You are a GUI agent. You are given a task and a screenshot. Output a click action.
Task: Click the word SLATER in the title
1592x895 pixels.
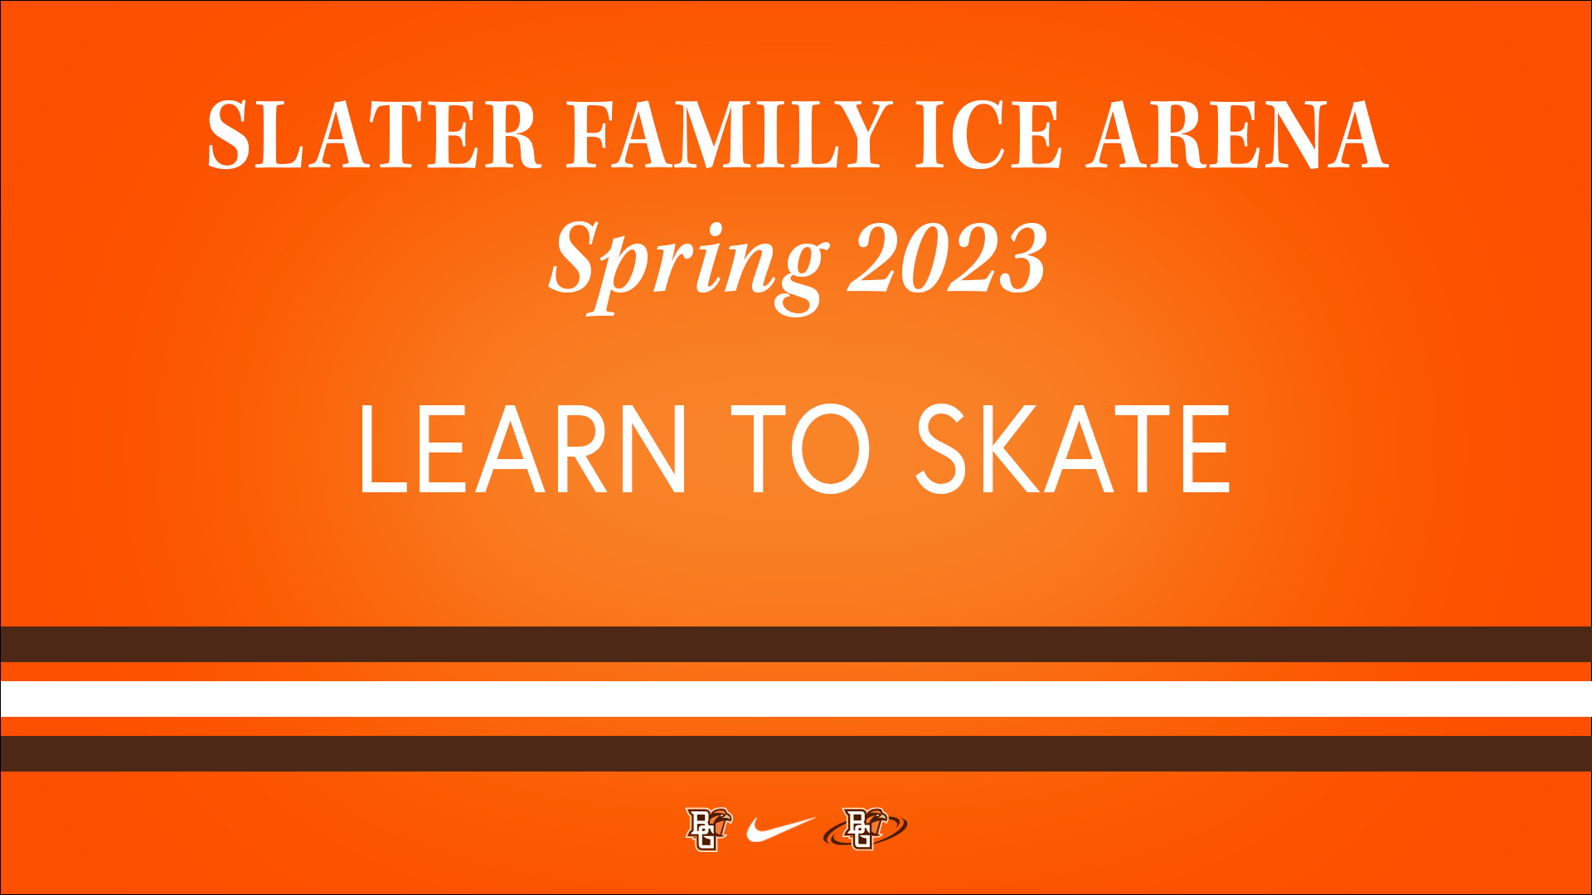[x=373, y=135]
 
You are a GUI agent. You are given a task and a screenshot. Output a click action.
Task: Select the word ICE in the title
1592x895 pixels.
[x=988, y=135]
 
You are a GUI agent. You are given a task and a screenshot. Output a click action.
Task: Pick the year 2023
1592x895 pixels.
[x=948, y=259]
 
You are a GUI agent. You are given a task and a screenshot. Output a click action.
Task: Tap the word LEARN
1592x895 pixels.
[x=523, y=449]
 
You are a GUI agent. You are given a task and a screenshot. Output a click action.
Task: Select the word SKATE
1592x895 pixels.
[x=1073, y=449]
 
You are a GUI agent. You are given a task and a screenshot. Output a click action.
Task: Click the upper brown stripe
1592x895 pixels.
[x=796, y=644]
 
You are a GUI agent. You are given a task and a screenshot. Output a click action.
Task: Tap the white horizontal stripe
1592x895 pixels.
[x=796, y=699]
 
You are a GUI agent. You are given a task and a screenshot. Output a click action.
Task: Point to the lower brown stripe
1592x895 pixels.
[x=796, y=753]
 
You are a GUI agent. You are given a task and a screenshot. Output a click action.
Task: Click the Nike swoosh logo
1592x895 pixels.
[x=779, y=829]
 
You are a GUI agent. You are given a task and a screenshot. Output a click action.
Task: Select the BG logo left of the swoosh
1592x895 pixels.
[x=709, y=829]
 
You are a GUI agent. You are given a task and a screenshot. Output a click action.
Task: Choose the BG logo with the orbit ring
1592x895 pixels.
[x=865, y=829]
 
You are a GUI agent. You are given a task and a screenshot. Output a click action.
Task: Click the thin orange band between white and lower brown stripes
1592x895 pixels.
[x=796, y=726]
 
